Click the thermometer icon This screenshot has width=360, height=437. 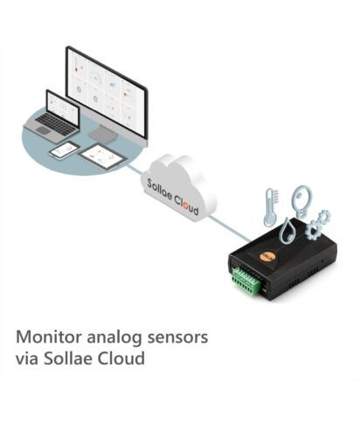pyautogui.click(x=270, y=207)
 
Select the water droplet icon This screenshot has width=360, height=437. pyautogui.click(x=287, y=231)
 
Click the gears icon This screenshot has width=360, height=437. pyautogui.click(x=318, y=224)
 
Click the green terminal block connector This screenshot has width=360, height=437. pyautogui.click(x=246, y=281)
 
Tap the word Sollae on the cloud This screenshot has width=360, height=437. pyautogui.click(x=159, y=190)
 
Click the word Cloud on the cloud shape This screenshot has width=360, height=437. pyautogui.click(x=187, y=205)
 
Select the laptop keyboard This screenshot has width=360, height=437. pyautogui.click(x=55, y=121)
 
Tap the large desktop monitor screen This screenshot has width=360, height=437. pyautogui.click(x=106, y=91)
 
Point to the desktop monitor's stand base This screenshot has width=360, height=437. pyautogui.click(x=103, y=135)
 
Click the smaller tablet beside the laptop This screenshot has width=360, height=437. pyautogui.click(x=65, y=150)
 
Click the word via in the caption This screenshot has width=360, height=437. pyautogui.click(x=26, y=358)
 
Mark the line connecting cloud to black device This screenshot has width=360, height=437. pyautogui.click(x=229, y=229)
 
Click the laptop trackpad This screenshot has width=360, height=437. pyautogui.click(x=43, y=131)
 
